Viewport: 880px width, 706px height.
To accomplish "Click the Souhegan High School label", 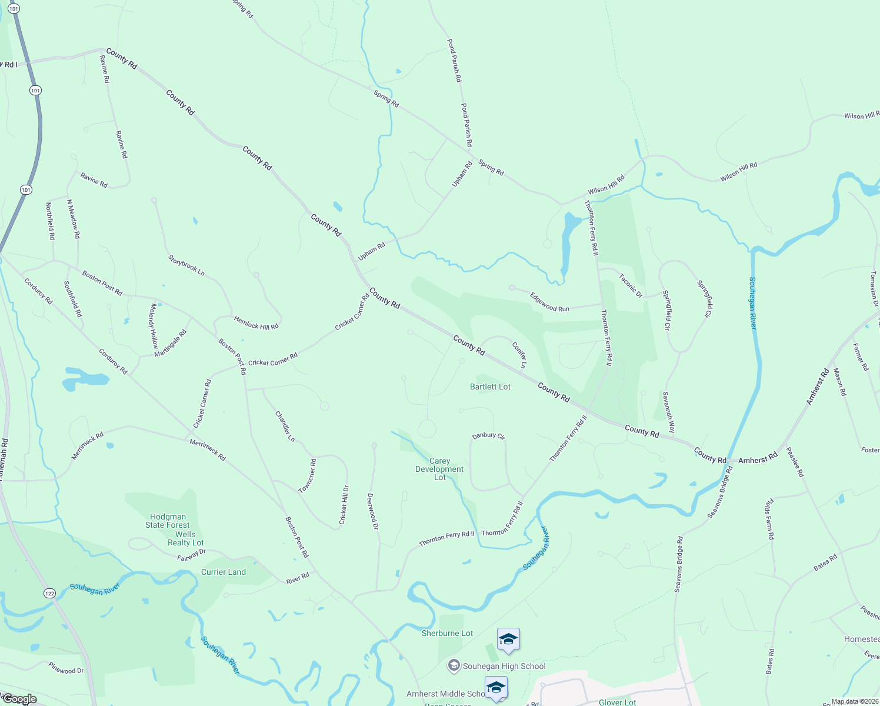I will click(504, 666).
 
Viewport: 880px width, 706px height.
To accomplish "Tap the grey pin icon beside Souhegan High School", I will click(454, 666).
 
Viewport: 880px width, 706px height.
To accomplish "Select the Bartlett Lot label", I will click(490, 387).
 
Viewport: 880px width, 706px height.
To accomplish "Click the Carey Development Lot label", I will click(439, 469).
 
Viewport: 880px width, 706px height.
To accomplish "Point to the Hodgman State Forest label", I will click(168, 521).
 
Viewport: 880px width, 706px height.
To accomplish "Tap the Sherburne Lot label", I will click(447, 633).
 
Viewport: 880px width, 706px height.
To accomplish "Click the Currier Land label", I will click(224, 572).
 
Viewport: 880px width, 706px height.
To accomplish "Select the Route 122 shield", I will click(49, 594).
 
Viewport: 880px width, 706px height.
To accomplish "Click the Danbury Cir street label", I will click(489, 436).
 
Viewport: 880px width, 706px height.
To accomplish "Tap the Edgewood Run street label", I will click(549, 302).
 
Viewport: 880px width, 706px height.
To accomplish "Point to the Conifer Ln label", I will click(519, 355).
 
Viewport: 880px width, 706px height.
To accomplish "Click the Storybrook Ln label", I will click(186, 265).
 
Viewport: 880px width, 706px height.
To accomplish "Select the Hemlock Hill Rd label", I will click(256, 323).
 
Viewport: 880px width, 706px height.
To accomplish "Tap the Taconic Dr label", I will click(631, 285).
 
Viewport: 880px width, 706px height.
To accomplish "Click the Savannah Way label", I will click(669, 412).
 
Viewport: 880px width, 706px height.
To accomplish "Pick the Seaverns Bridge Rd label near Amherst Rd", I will click(721, 492).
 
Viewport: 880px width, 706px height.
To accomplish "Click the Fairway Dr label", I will click(191, 555).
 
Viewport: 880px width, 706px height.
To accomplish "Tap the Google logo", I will click(19, 699).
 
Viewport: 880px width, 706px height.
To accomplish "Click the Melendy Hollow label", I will click(154, 325).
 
